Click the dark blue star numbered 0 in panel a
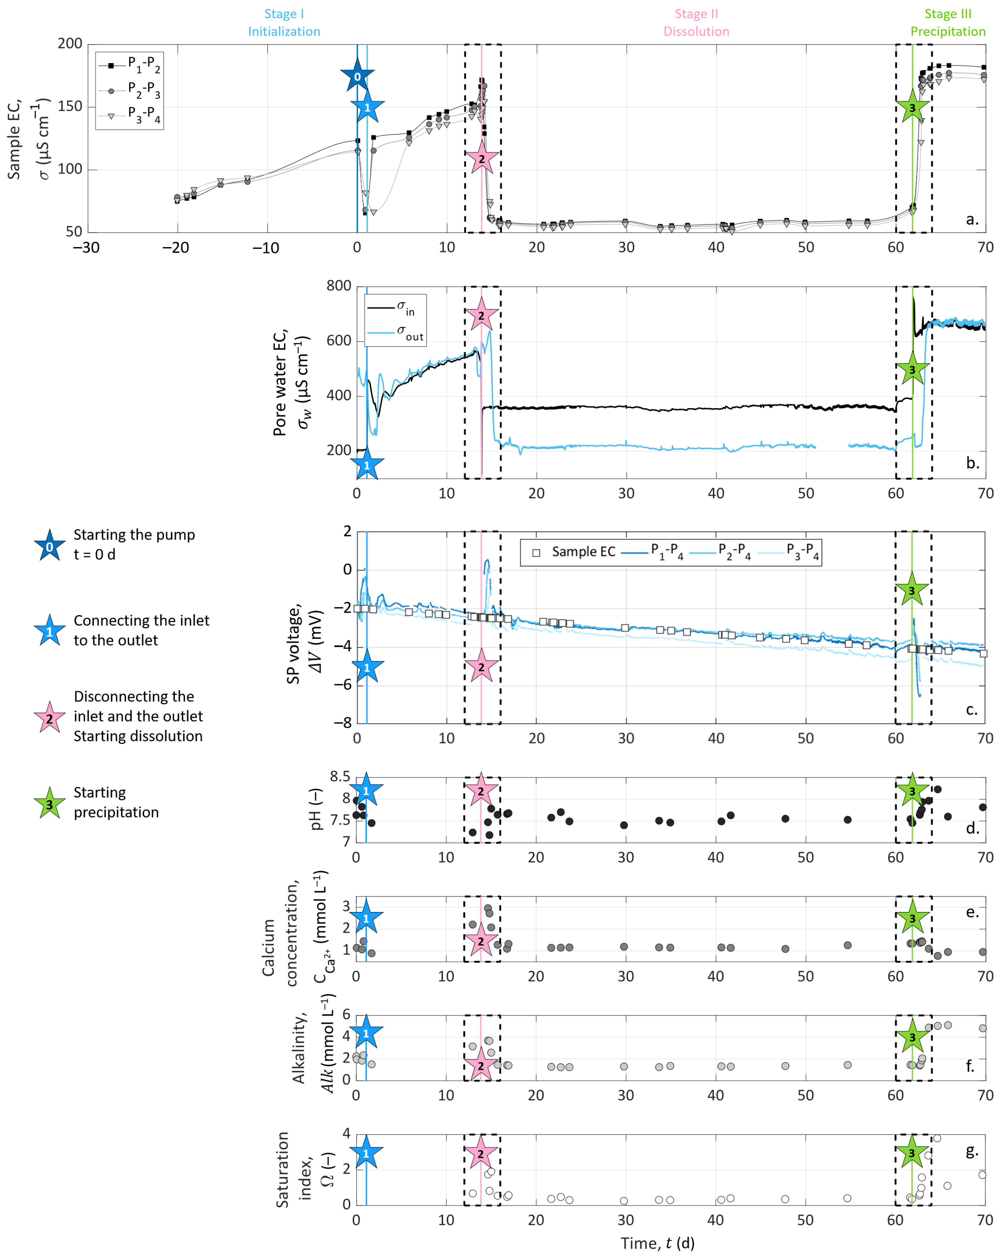pos(357,76)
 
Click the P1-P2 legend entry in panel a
pos(129,65)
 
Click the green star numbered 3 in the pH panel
pos(912,791)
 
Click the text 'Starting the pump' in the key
pos(134,535)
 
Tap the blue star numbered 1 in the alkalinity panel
pos(366,1033)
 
